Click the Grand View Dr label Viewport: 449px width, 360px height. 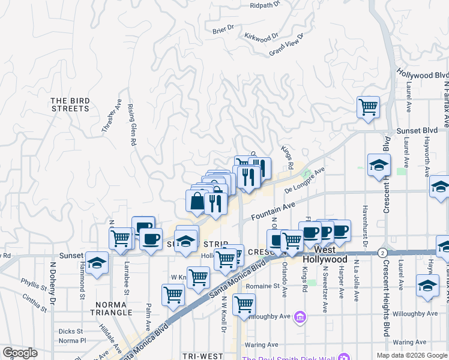(287, 45)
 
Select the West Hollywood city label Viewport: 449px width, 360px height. (325, 254)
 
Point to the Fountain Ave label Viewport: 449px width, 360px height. (273, 210)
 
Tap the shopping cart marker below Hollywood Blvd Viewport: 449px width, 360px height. (368, 108)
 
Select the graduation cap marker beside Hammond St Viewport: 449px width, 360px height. (97, 263)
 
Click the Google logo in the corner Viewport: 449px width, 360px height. (19, 353)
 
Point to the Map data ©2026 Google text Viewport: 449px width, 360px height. (412, 355)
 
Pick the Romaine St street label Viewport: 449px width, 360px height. (271, 286)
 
